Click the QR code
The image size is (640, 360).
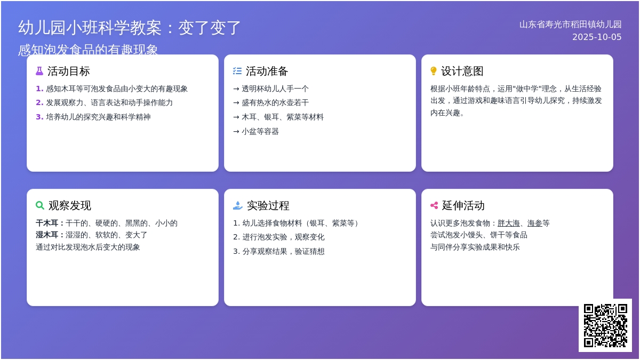point(605,325)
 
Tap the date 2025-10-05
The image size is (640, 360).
point(597,37)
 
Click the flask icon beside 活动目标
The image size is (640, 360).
point(39,71)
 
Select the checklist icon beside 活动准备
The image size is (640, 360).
point(237,71)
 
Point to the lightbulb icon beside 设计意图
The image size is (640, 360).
point(434,71)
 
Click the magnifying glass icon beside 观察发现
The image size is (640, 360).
point(40,205)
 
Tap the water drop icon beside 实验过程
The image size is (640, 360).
point(238,205)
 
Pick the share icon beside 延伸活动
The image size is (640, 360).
point(434,205)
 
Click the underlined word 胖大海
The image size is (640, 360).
point(509,223)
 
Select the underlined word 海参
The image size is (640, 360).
point(534,223)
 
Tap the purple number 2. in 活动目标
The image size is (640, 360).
point(39,102)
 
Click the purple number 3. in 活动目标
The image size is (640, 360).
point(39,117)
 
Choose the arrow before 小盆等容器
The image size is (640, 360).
point(236,132)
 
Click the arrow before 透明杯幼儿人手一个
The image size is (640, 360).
point(236,89)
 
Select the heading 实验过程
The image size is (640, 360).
point(268,205)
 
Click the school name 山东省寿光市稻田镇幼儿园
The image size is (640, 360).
point(570,25)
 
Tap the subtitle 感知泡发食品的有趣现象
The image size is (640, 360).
point(88,50)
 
